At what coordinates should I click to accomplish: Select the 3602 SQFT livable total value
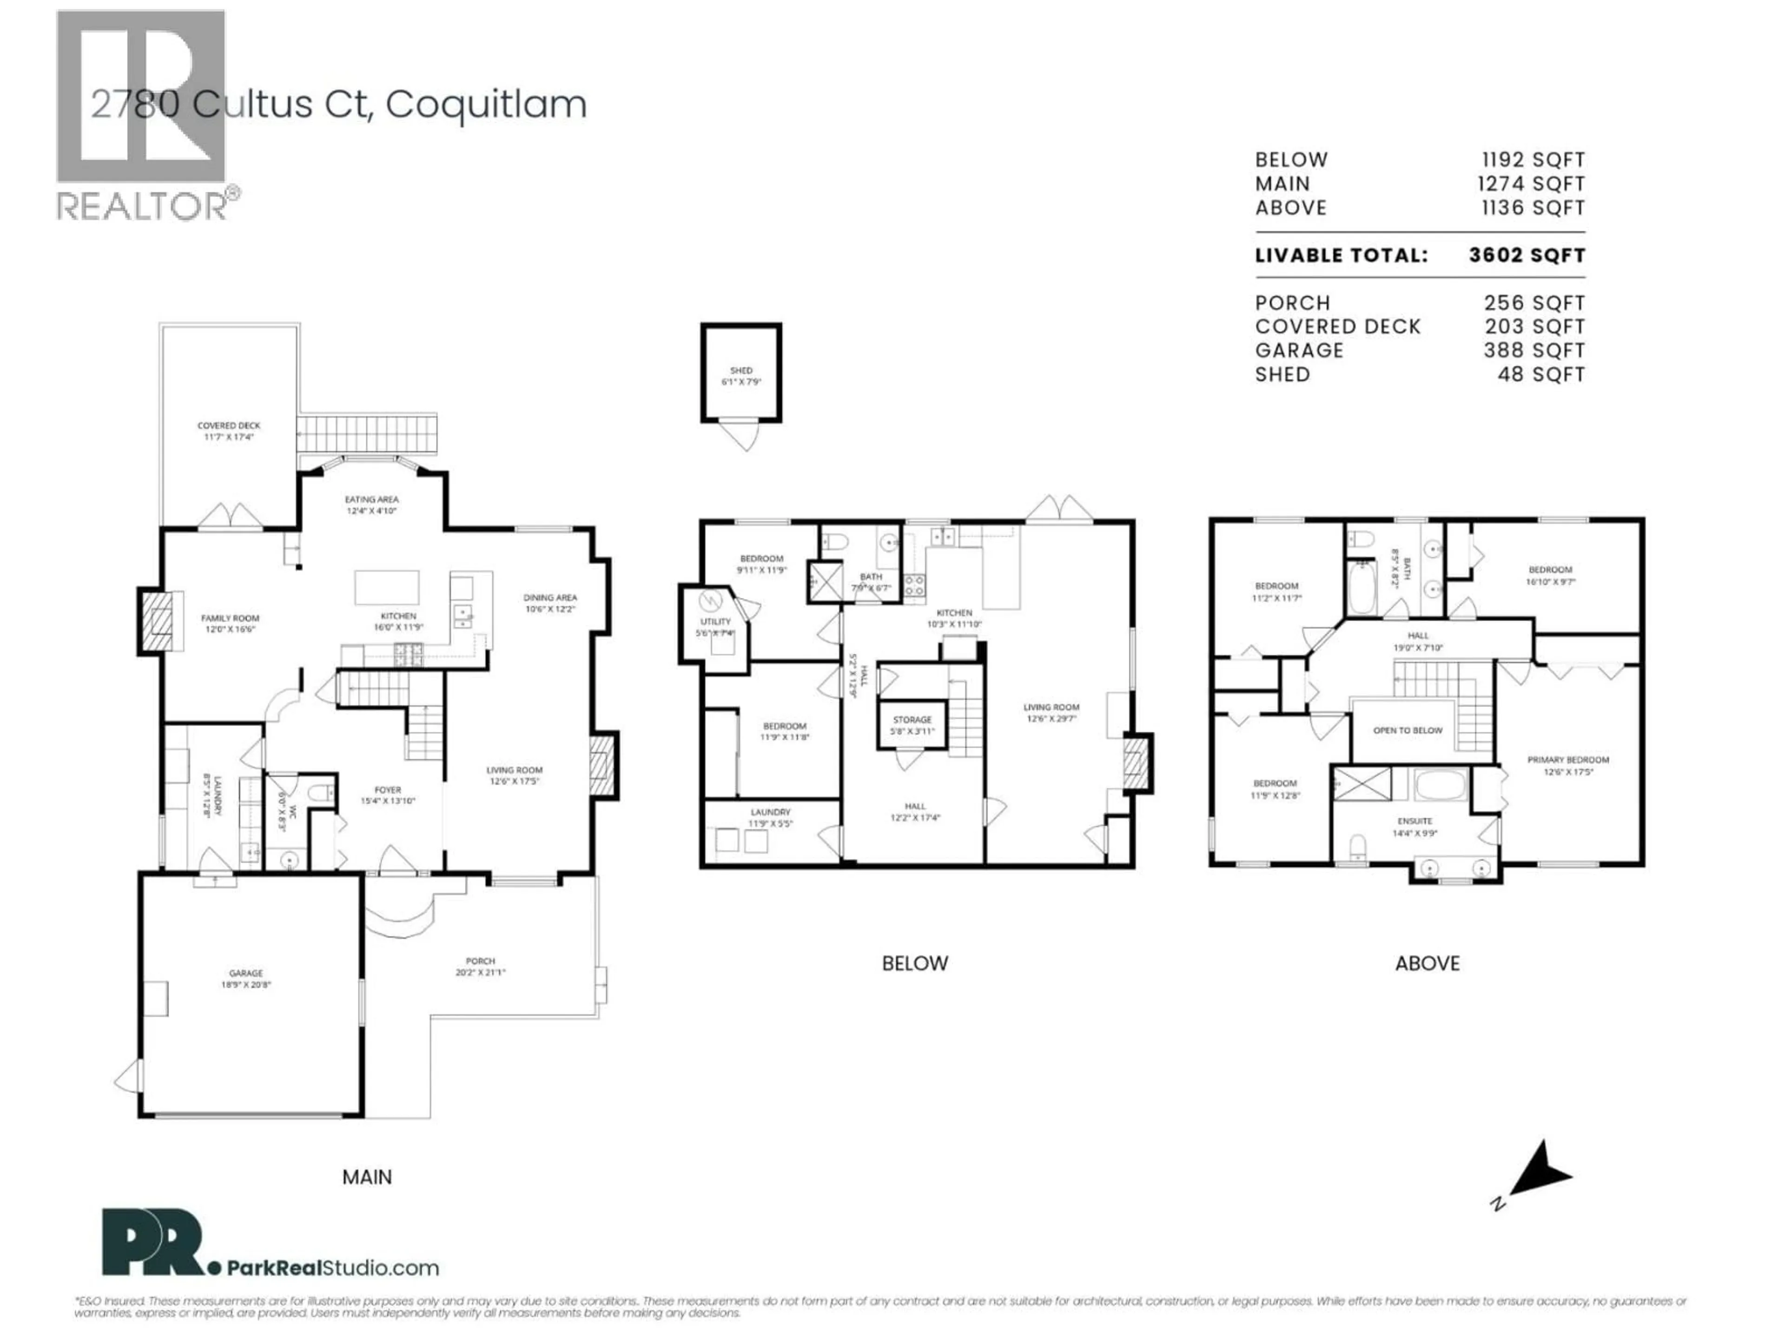1526,255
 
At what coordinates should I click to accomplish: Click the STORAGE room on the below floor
912,724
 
